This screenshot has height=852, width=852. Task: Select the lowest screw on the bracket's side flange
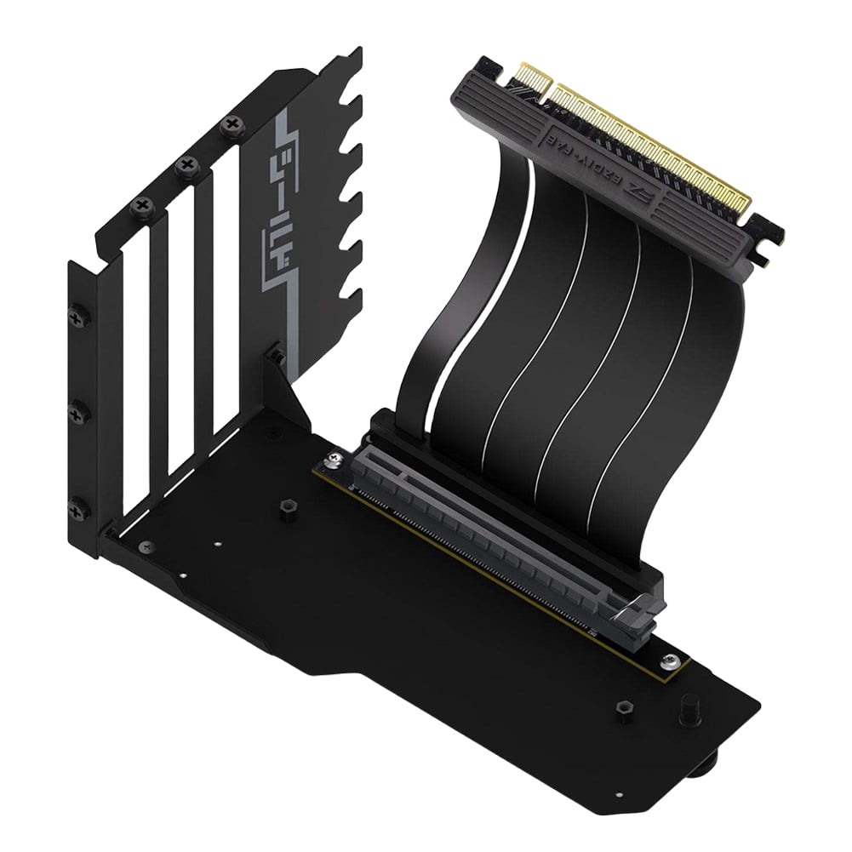pos(78,511)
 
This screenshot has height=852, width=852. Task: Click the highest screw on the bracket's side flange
pos(79,316)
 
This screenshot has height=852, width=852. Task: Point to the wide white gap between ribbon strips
pos(500,281)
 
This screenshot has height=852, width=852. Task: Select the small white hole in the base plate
pos(219,541)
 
